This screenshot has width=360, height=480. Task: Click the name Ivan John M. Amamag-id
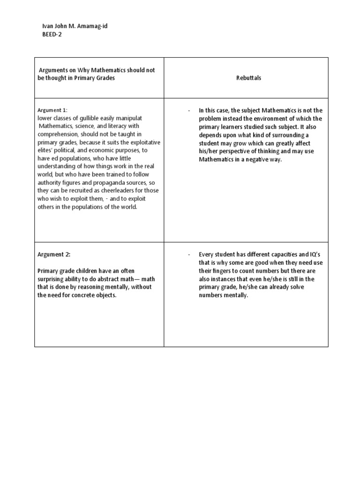pyautogui.click(x=75, y=26)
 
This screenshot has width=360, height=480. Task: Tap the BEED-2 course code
pyautogui.click(x=52, y=34)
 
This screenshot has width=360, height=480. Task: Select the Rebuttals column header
pyautogui.click(x=248, y=78)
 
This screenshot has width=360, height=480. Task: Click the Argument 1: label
pyautogui.click(x=52, y=110)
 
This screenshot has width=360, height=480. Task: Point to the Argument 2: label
pyautogui.click(x=54, y=255)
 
